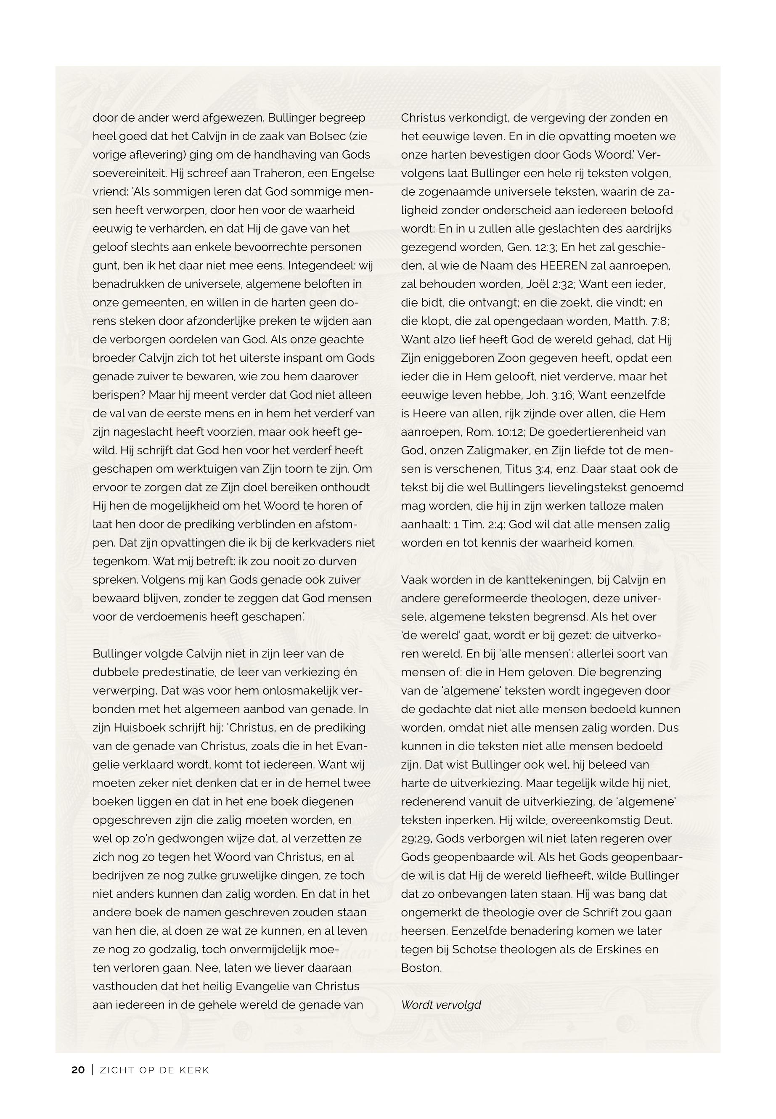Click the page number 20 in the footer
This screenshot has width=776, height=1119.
click(x=78, y=1070)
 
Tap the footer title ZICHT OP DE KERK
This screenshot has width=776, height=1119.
click(x=154, y=1070)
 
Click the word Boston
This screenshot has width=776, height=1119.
click(x=421, y=968)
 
